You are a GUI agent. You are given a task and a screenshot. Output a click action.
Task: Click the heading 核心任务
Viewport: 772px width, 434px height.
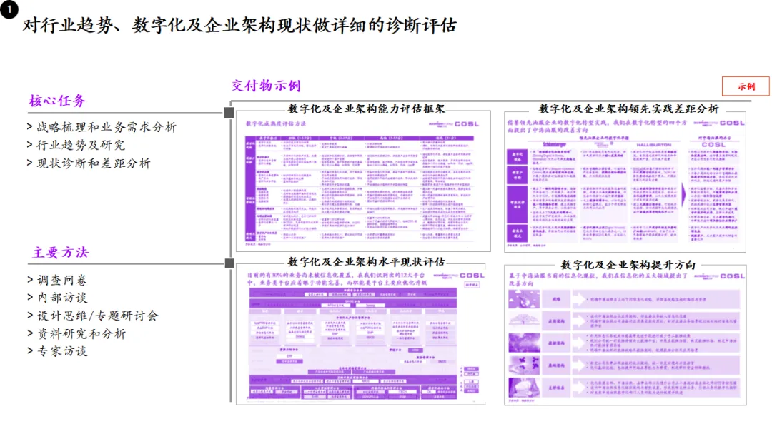[57, 101]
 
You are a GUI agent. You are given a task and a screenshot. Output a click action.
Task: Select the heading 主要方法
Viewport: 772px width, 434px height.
[60, 253]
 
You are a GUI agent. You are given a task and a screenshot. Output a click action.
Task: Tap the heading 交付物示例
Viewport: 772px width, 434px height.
[266, 86]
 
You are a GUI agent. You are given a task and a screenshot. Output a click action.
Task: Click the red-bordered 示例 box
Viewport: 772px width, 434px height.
[746, 86]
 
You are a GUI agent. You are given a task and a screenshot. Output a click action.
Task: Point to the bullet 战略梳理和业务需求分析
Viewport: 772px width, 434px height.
[102, 127]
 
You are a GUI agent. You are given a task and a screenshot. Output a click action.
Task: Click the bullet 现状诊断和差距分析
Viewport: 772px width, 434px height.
[89, 163]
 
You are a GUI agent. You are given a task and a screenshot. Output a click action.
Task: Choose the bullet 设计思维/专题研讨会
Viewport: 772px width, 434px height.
[93, 316]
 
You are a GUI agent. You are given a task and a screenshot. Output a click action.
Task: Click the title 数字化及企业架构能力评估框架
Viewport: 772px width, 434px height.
[366, 108]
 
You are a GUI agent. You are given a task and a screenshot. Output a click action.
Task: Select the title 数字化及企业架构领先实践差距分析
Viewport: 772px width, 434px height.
[628, 108]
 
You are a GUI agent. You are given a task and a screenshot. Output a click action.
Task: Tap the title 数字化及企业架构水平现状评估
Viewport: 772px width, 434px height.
[366, 261]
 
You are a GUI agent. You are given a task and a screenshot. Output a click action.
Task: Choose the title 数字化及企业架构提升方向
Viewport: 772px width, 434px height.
[628, 264]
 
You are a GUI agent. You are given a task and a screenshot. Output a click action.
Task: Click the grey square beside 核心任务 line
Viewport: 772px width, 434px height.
[229, 113]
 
